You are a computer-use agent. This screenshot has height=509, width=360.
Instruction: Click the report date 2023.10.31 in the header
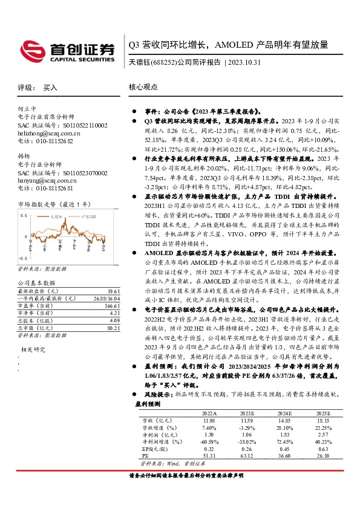[245, 62]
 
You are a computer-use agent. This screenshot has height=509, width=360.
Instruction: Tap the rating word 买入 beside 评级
[50, 88]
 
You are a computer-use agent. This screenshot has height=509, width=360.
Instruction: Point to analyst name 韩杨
[25, 155]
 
